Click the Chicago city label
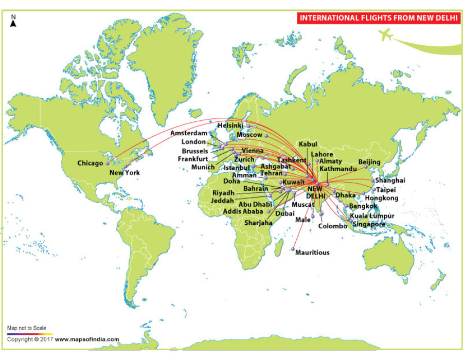pyautogui.click(x=90, y=164)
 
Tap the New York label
pyautogui.click(x=124, y=173)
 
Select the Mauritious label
pyautogui.click(x=312, y=253)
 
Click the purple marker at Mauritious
pyautogui.click(x=292, y=249)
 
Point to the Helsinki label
pyautogui.click(x=230, y=125)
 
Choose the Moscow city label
pyautogui.click(x=249, y=135)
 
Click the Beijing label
pyautogui.click(x=369, y=162)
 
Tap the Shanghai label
pyautogui.click(x=390, y=181)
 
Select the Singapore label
pyautogui.click(x=369, y=224)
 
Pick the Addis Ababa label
pyautogui.click(x=243, y=211)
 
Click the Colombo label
pyautogui.click(x=333, y=226)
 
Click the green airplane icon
pyautogui.click(x=385, y=35)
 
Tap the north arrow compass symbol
pyautogui.click(x=13, y=21)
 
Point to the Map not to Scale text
pyautogui.click(x=27, y=328)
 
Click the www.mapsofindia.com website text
pyautogui.click(x=87, y=339)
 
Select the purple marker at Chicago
pyautogui.click(x=108, y=164)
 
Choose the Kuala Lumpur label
pyautogui.click(x=372, y=216)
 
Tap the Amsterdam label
pyautogui.click(x=189, y=133)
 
